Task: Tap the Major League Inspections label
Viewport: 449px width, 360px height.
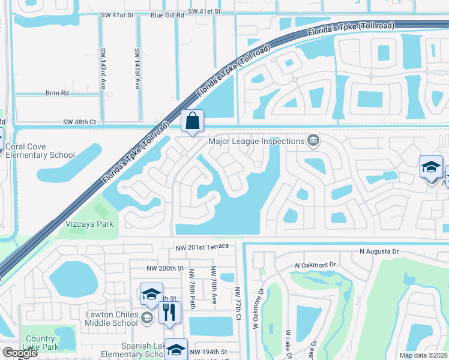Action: [256, 142]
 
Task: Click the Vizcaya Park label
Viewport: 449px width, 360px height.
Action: [89, 224]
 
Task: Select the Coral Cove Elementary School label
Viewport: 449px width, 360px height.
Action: [40, 151]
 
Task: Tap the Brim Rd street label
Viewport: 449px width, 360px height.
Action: [57, 93]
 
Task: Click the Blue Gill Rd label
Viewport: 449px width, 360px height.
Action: [167, 12]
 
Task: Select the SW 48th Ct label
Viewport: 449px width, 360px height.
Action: [79, 122]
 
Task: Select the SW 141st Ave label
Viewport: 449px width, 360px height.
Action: [137, 69]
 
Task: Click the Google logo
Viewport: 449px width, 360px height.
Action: [20, 353]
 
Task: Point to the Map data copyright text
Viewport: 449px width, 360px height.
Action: [423, 355]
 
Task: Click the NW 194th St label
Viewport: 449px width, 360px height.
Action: [208, 351]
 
